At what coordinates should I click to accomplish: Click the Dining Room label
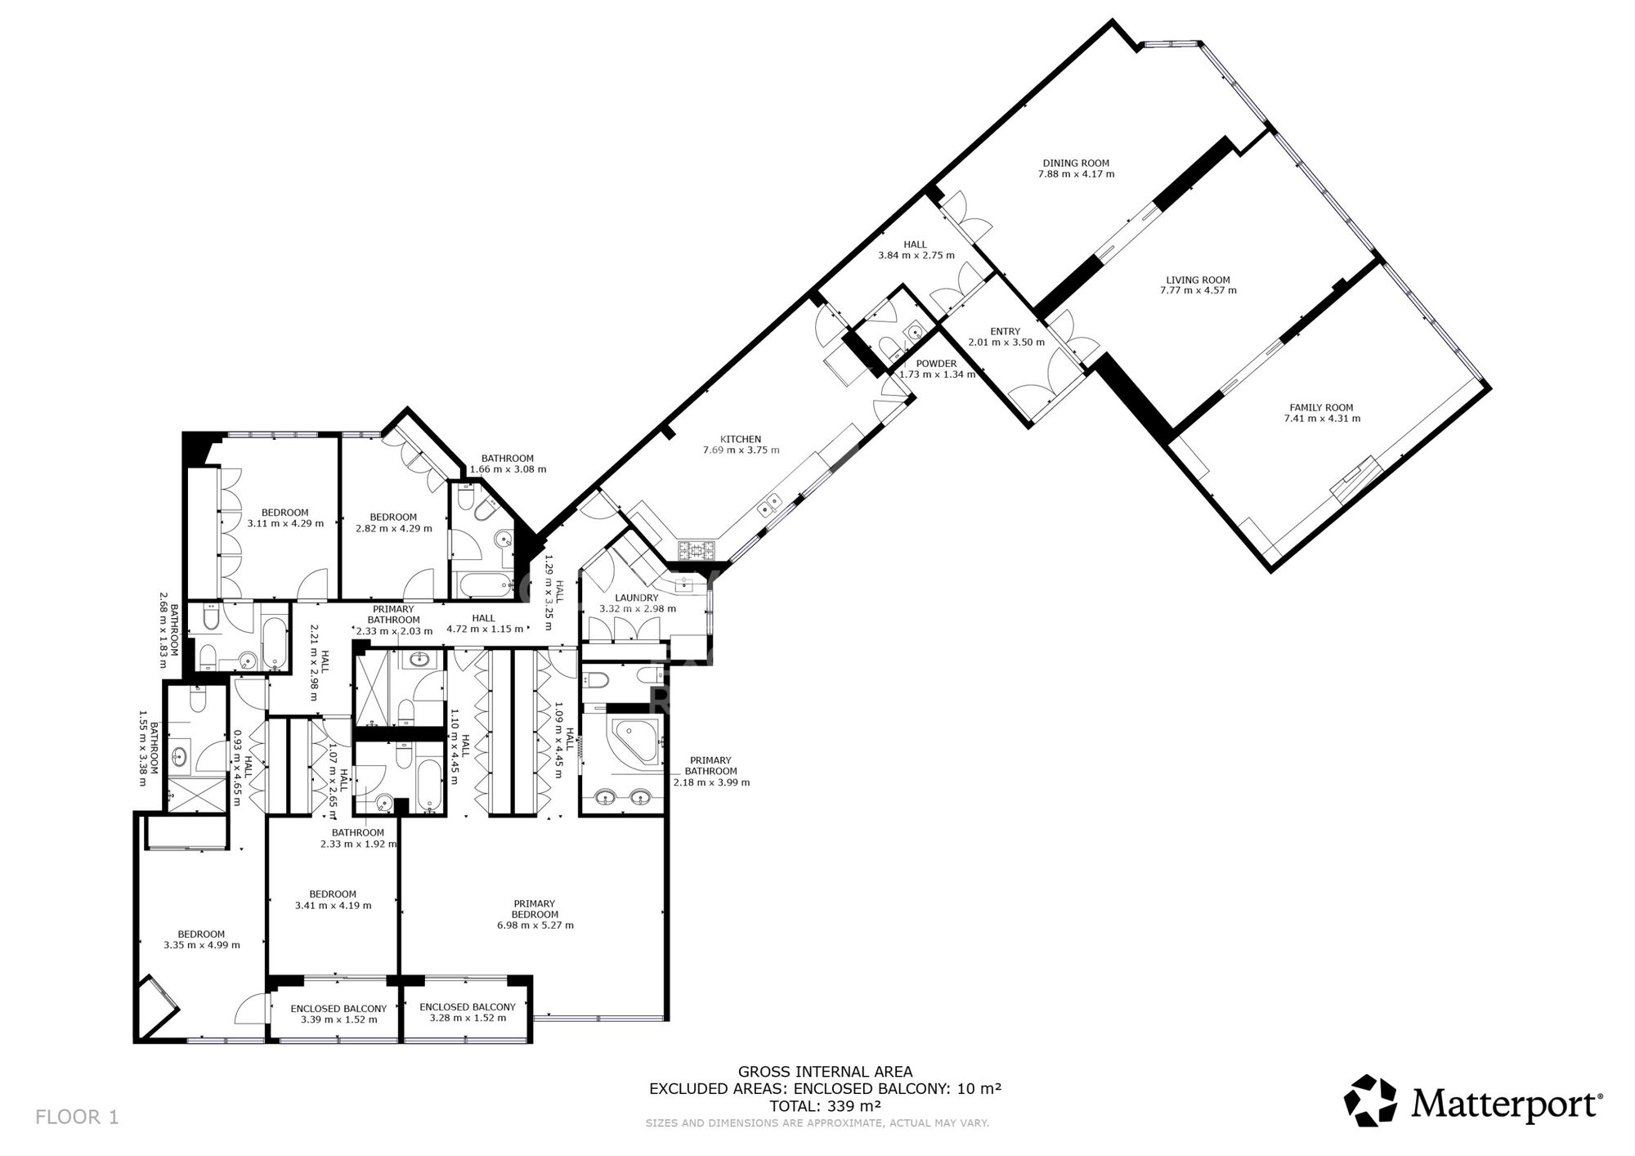click(x=1075, y=163)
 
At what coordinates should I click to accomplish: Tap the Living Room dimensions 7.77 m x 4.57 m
click(x=1198, y=290)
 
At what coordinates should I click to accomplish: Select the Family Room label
click(x=1321, y=407)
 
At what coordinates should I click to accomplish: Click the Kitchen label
click(x=741, y=439)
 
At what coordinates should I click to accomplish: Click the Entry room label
click(x=1005, y=331)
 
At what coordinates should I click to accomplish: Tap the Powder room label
click(x=936, y=364)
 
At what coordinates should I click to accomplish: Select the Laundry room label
click(x=637, y=598)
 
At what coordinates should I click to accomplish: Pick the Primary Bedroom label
click(x=535, y=909)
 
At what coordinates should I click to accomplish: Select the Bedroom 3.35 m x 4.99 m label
click(x=201, y=934)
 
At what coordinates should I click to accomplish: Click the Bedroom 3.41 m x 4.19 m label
click(x=333, y=894)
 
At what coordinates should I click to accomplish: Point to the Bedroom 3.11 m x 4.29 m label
click(x=285, y=513)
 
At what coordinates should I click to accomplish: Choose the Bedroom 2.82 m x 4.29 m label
click(x=393, y=517)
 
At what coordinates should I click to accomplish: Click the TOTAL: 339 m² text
click(x=825, y=1106)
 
